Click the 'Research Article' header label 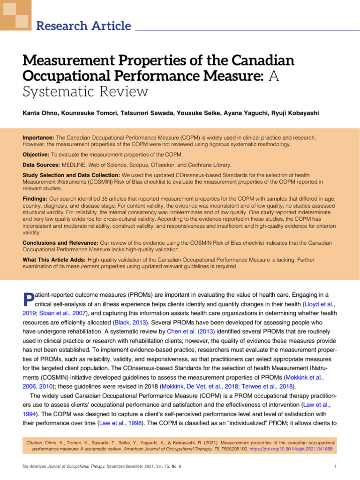[83, 26]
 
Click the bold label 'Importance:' [38, 138]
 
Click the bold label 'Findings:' [35, 199]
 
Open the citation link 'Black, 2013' [129, 323]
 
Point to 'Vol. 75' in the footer [158, 465]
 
